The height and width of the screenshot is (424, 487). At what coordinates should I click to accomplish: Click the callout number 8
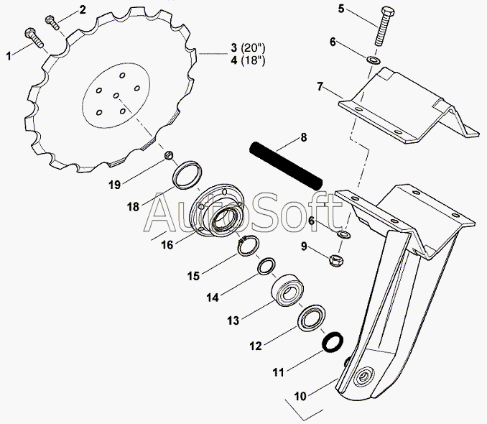pos(303,137)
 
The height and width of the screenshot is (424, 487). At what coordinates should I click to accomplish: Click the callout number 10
pos(300,395)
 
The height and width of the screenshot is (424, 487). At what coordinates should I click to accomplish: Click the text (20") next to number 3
pos(252,49)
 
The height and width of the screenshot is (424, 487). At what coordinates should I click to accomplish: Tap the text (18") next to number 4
pos(252,60)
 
